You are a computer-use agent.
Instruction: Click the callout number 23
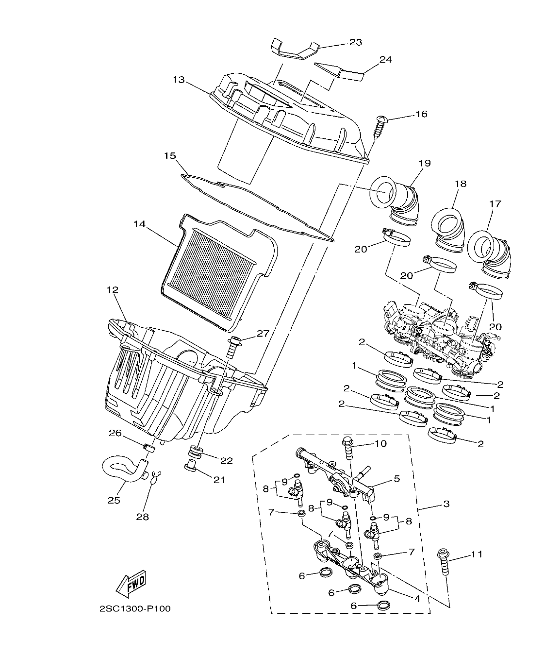pos(355,42)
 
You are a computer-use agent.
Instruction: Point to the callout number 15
pos(169,156)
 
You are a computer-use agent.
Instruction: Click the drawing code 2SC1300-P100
pos(135,609)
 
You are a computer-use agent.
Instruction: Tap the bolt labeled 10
pos(348,449)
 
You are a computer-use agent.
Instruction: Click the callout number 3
pos(446,504)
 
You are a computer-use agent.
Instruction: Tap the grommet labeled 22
pos(197,452)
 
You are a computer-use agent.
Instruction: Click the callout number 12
pos(112,290)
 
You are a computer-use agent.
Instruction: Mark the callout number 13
pos(178,80)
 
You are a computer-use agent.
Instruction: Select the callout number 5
pos(396,479)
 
